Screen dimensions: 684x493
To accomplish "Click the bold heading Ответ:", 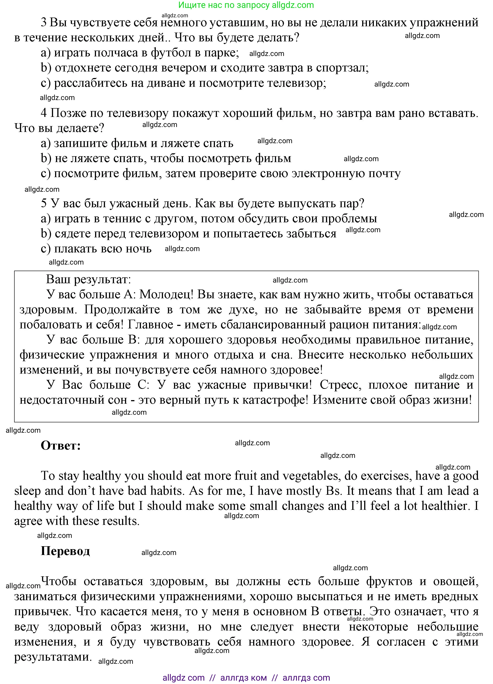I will (x=61, y=446).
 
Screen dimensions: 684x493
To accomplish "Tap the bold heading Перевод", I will (x=65, y=551).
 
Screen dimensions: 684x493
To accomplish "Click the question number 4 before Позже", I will (x=44, y=113).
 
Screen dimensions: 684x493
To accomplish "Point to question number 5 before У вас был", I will (x=44, y=204).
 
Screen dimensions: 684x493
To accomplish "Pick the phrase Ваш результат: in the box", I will (x=88, y=280).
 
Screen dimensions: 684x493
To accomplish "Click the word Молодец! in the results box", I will (x=166, y=295).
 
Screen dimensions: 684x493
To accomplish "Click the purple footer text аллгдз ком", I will (x=243, y=678).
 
